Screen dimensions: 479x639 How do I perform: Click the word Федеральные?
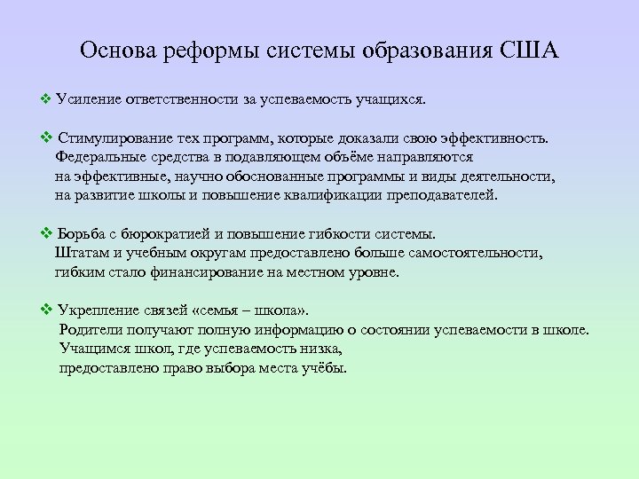pos(100,158)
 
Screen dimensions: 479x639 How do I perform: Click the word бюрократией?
pos(161,235)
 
